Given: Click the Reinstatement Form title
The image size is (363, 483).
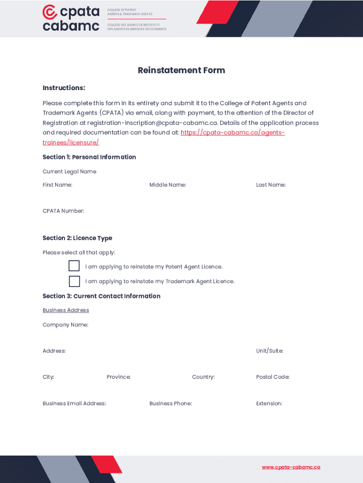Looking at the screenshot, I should [181, 70].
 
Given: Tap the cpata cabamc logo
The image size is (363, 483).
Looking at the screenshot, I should [71, 18].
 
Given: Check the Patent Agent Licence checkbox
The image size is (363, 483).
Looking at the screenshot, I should [74, 266].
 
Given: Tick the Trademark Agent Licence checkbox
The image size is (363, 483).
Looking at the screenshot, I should [74, 281].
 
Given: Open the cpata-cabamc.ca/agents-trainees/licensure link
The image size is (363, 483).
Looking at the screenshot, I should [232, 133].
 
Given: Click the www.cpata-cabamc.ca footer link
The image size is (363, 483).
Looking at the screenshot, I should [291, 467].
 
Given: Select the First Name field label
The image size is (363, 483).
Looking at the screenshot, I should [58, 185].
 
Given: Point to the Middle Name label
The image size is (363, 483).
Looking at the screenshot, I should [167, 185].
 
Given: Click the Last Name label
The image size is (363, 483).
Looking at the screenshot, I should [271, 185].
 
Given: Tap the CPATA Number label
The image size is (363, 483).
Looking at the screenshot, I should [63, 211].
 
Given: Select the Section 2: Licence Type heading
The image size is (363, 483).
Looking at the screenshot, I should [77, 238].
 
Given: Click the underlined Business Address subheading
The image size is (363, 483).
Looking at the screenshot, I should [66, 310].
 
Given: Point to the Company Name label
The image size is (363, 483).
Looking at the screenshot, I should [65, 325].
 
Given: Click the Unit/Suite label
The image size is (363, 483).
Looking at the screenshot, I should [269, 351].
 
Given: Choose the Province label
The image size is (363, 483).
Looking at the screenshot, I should [118, 377].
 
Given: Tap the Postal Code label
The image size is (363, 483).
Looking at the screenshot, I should [272, 377].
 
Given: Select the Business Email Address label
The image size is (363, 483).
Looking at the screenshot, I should [74, 403].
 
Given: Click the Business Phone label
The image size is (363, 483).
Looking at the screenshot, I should [170, 403].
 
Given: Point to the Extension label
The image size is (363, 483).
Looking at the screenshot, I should [269, 403].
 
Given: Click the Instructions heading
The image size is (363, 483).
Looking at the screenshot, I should [64, 88].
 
